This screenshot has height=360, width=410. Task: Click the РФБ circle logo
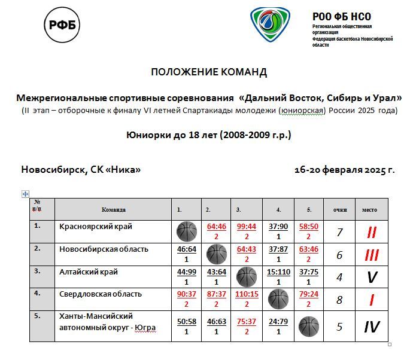[x=62, y=25]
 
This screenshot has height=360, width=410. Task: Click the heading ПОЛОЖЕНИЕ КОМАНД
[x=209, y=72]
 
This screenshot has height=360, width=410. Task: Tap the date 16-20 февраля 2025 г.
[x=344, y=170]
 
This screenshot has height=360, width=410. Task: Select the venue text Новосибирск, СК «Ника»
[x=81, y=170]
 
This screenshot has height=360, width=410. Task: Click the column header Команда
[x=113, y=210]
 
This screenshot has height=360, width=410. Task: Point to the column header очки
[x=340, y=210]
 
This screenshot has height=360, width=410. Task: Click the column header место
[x=369, y=210]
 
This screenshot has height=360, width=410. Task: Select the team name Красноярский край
[x=96, y=227]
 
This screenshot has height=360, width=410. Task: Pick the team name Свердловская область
[x=101, y=294]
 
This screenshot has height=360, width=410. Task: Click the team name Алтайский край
[x=89, y=271]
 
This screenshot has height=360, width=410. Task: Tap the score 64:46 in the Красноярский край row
[x=216, y=227]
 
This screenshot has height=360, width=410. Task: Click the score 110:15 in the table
[x=246, y=295]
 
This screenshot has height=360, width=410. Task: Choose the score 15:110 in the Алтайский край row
[x=278, y=272]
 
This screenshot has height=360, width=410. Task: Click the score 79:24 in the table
[x=309, y=295]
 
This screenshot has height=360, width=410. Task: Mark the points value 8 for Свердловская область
[x=340, y=300]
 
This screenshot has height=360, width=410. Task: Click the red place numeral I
[x=370, y=300]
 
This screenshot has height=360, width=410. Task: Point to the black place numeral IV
[x=371, y=327]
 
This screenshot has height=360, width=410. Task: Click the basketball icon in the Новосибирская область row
[x=216, y=254]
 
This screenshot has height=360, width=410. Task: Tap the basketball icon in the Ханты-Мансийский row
[x=309, y=327]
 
